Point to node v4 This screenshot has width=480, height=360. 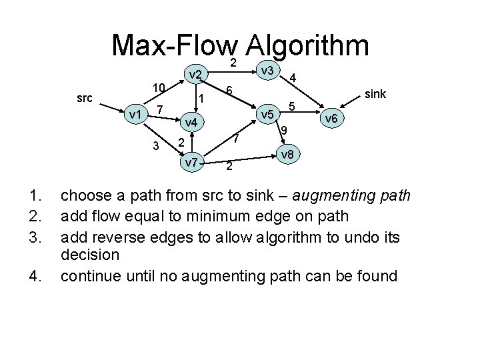click(x=190, y=123)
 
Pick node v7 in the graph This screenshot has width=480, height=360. click(x=191, y=162)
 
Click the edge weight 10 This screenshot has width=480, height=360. click(x=158, y=88)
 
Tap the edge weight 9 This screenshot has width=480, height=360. click(x=283, y=131)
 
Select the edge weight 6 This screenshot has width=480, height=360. click(x=229, y=91)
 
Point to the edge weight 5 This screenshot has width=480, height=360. click(x=291, y=106)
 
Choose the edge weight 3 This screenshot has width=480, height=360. click(x=155, y=146)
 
